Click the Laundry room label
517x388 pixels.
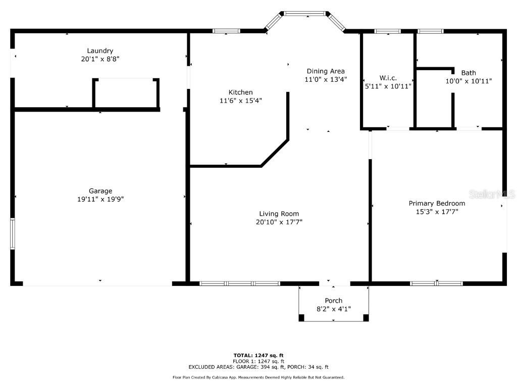coord(100,51)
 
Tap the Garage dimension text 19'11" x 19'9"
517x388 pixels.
coord(100,199)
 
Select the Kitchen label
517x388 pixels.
coord(240,92)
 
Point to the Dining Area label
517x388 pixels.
coord(326,71)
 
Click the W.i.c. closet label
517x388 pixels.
coord(388,78)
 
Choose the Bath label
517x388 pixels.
coord(468,73)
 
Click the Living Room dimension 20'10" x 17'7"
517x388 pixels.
coord(279,222)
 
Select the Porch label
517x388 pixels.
coord(333,301)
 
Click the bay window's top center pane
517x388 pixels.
coord(305,14)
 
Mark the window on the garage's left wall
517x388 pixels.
coord(13,233)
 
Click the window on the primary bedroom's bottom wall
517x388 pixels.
coord(436,283)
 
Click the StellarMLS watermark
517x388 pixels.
coord(492,194)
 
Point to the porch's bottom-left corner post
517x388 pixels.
coord(301,318)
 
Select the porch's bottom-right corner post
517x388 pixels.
coord(366,318)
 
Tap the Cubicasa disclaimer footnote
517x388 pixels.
coord(258,377)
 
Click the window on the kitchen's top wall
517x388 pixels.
coord(226,31)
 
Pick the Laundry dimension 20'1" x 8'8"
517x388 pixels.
coord(100,59)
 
